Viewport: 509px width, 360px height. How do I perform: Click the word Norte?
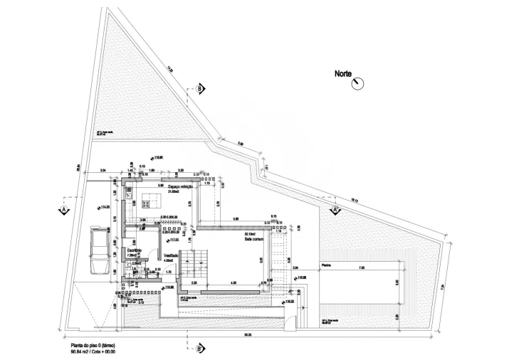[x=347, y=73]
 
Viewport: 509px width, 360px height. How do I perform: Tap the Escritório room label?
[x=135, y=250]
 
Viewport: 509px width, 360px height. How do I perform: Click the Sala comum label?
[x=255, y=239]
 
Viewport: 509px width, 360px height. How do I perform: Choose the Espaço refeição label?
[x=182, y=186]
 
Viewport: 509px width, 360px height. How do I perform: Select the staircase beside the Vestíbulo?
[x=194, y=267]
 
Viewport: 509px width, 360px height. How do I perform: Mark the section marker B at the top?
[x=200, y=88]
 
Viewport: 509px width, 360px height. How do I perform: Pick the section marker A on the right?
[x=335, y=211]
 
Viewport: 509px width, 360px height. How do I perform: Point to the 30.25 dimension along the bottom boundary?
[x=247, y=334]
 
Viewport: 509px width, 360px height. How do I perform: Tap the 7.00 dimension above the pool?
[x=361, y=268]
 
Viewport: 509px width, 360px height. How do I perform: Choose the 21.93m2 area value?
[x=173, y=191]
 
